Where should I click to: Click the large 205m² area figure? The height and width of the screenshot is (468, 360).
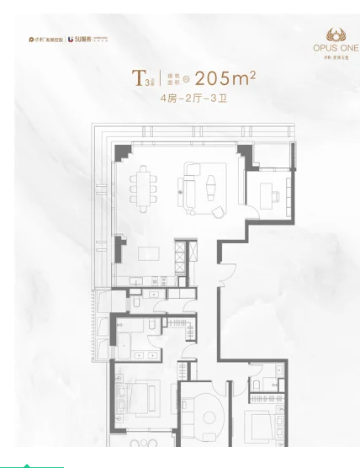[x=225, y=79]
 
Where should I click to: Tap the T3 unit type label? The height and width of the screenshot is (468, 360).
[x=139, y=79]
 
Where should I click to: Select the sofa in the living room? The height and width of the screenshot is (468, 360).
[x=189, y=185]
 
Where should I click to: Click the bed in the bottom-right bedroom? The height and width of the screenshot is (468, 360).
[x=262, y=426]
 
